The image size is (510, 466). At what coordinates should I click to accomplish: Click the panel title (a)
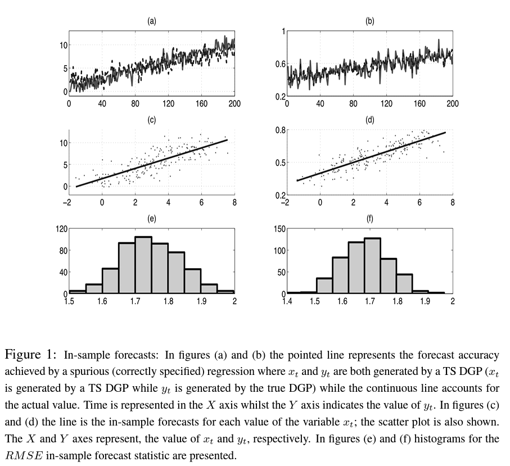(x=151, y=21)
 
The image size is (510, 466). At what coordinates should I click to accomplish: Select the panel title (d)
(x=369, y=120)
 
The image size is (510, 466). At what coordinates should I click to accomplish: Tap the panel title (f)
(x=369, y=219)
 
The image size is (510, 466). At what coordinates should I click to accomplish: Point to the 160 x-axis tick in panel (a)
(x=201, y=103)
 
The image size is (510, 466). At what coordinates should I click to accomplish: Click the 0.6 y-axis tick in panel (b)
(x=280, y=64)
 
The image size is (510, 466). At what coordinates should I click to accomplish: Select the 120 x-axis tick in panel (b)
(x=386, y=103)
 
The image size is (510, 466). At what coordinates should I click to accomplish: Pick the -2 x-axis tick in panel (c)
(x=67, y=202)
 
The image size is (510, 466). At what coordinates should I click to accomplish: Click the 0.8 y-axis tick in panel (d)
(x=280, y=130)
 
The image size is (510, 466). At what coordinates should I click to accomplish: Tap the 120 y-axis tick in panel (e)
(x=61, y=229)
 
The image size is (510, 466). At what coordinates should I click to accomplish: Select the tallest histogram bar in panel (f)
(x=372, y=266)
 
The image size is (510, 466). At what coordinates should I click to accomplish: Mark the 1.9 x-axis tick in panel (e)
(x=201, y=301)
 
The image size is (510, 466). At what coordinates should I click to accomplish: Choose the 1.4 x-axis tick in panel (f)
(x=287, y=301)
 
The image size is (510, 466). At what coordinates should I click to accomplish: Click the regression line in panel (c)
(x=152, y=163)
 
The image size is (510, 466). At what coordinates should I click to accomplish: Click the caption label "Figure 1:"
(x=31, y=355)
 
